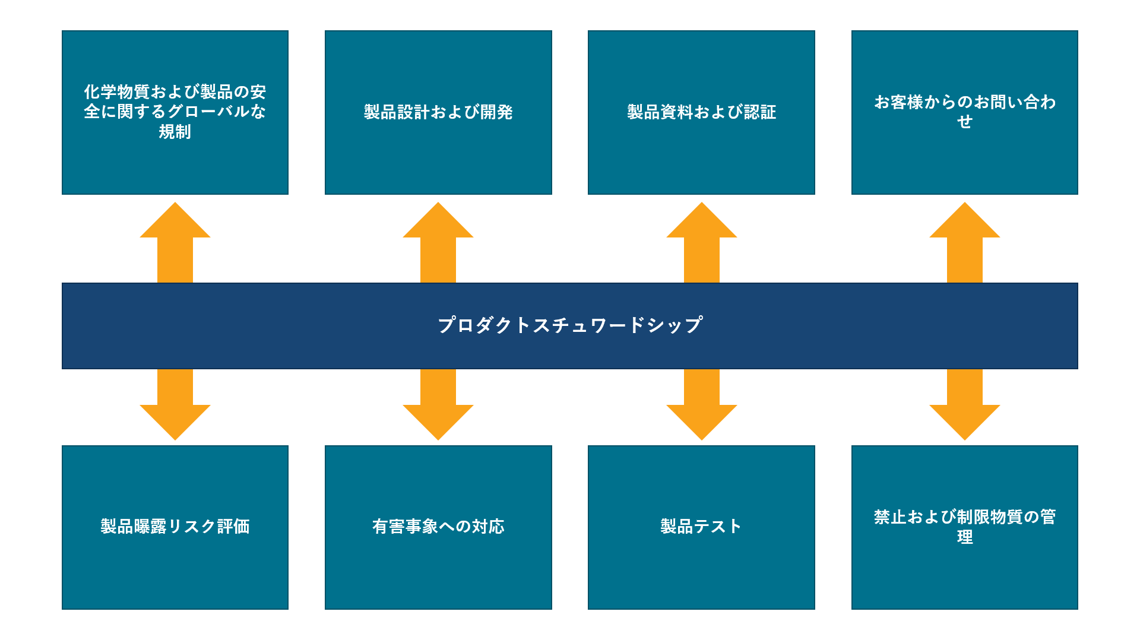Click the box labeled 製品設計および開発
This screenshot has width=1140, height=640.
(438, 112)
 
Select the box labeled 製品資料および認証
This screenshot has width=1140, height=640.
(701, 112)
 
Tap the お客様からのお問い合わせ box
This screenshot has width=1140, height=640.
(964, 112)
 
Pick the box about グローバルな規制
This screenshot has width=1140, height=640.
(175, 112)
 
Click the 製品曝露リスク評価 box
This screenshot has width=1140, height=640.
(175, 527)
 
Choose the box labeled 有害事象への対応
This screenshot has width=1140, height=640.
(438, 527)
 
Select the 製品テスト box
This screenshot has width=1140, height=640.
(701, 527)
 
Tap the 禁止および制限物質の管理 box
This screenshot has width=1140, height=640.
(964, 527)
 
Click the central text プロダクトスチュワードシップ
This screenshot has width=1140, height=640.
(570, 325)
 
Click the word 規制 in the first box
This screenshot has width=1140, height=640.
(175, 132)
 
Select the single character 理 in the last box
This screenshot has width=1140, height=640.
(965, 537)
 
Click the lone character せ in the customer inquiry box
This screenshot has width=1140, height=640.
(965, 122)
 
